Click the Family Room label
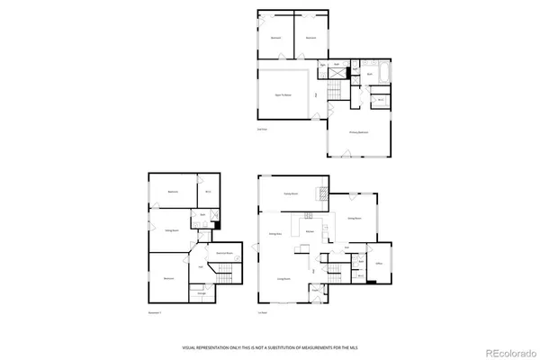(x=291, y=193)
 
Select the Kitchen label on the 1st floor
(x=309, y=232)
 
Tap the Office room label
(x=380, y=263)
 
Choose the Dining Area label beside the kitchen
(x=276, y=233)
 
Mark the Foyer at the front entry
(x=316, y=290)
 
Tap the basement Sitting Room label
(x=169, y=230)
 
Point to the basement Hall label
(x=199, y=266)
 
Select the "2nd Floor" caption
(x=262, y=132)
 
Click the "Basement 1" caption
(x=156, y=312)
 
